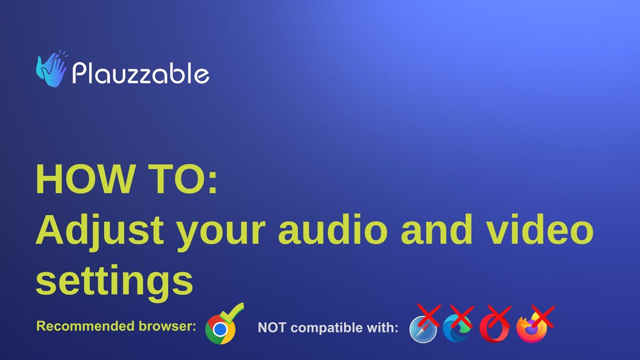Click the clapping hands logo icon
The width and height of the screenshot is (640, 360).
[51, 69]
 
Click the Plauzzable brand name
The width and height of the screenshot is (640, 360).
[140, 73]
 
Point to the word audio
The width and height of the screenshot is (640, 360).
[332, 229]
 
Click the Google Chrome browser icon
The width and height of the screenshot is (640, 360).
[220, 329]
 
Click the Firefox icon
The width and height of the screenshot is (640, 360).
[531, 329]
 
